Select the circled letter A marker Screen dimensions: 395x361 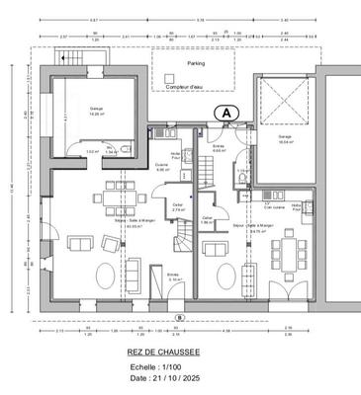tap(226, 113)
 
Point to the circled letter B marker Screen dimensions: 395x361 tap(179, 317)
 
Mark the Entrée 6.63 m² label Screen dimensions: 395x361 tap(220, 148)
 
